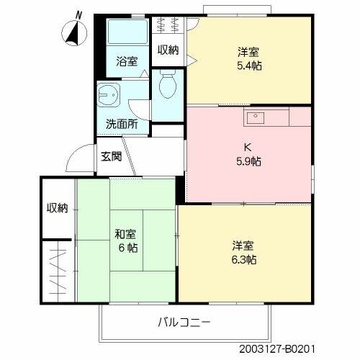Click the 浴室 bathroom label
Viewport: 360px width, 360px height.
[x=127, y=62]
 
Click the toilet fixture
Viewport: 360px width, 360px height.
[x=167, y=86]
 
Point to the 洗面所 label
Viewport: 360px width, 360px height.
[x=122, y=123]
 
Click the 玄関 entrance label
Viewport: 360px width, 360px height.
[x=112, y=156]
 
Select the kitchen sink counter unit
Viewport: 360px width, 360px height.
[x=266, y=115]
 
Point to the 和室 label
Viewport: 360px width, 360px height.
[x=125, y=235]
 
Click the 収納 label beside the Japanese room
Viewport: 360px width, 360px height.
[x=58, y=208]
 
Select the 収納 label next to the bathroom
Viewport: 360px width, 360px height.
[x=168, y=49]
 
